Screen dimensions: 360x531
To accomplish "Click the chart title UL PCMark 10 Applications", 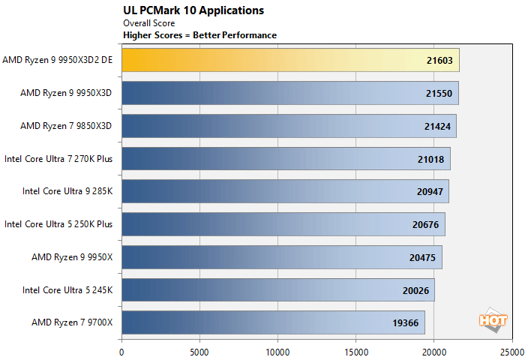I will pos(193,10).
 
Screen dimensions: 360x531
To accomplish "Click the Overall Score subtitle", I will pos(148,23).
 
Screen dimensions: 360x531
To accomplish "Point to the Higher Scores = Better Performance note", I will pos(199,35).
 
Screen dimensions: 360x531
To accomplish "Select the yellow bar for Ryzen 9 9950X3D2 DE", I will pos(289,60).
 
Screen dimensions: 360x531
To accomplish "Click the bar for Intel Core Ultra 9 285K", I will pos(284,191).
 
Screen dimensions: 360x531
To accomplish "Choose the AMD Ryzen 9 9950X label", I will pos(71,257).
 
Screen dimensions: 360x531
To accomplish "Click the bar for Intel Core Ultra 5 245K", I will pos(277,290).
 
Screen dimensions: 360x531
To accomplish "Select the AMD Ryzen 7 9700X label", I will pos(71,322).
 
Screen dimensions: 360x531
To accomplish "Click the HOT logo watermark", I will pos(493,318).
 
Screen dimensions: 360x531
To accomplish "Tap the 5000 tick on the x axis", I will pos(199,349).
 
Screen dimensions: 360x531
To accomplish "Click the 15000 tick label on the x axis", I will pos(355,349).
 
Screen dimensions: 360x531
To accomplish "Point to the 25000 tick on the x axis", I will pos(511,349).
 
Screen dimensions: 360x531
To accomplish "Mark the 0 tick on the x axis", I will pos(121,349).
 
